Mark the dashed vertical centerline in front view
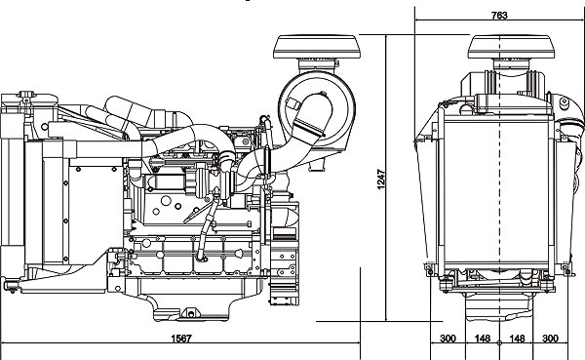(500, 195)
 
